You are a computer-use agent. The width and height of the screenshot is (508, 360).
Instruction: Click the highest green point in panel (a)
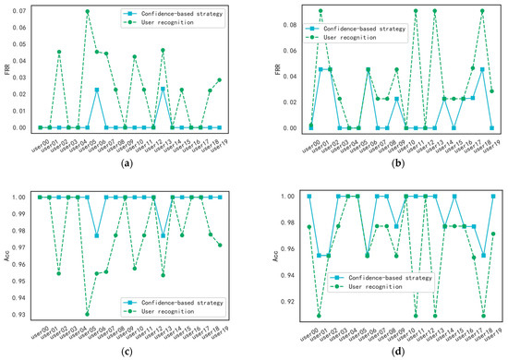pyautogui.click(x=88, y=12)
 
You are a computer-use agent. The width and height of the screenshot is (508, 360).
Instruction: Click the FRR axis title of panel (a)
pyautogui.click(x=6, y=68)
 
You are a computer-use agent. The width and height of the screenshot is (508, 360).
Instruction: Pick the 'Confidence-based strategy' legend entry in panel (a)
pyautogui.click(x=172, y=15)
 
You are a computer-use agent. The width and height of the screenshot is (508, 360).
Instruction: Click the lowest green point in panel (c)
pyautogui.click(x=88, y=315)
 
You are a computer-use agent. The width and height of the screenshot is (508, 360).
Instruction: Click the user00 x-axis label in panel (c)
pyautogui.click(x=38, y=330)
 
